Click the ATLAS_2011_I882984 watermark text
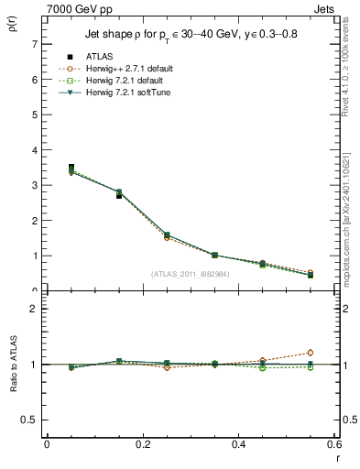pyautogui.click(x=191, y=273)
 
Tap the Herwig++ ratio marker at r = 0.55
pyautogui.click(x=311, y=353)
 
